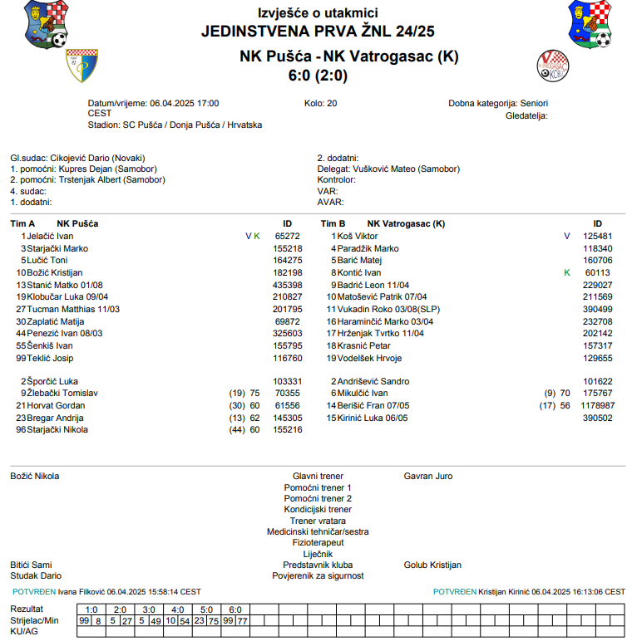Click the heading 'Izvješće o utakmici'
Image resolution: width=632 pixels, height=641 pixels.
click(x=318, y=12)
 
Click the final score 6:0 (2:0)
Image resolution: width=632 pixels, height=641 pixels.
click(x=318, y=75)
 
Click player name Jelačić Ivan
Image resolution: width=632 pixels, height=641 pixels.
click(x=50, y=236)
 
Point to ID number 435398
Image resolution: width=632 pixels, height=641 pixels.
click(x=288, y=285)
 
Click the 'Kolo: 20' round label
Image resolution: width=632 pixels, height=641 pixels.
click(x=321, y=104)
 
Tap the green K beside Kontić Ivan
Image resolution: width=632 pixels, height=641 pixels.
click(x=566, y=272)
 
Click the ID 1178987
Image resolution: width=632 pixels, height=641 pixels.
click(x=598, y=406)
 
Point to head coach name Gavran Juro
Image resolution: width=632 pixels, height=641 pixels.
click(x=428, y=477)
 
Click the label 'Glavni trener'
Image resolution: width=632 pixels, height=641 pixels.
click(x=318, y=477)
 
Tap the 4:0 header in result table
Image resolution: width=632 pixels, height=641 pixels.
click(x=179, y=609)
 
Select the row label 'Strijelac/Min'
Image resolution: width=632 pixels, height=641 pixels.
click(x=35, y=620)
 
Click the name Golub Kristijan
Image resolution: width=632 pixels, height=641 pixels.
click(x=432, y=565)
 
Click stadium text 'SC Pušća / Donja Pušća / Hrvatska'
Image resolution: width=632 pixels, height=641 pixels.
click(x=192, y=125)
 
